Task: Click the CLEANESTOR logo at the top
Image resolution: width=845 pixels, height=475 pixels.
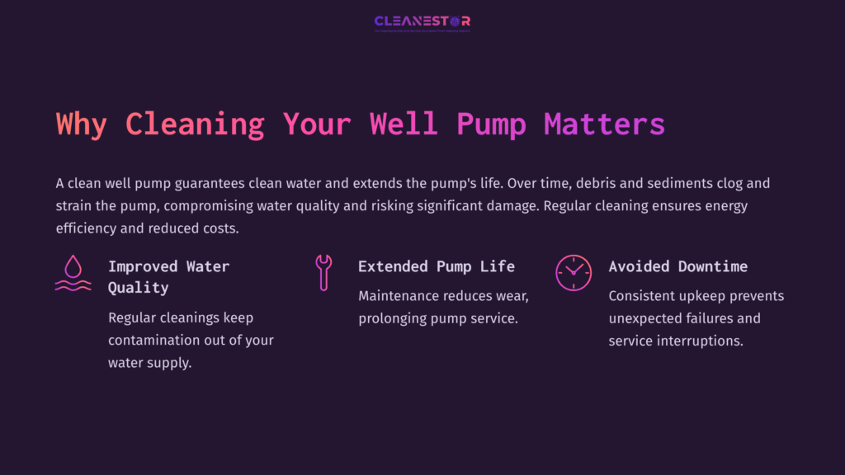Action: [422, 22]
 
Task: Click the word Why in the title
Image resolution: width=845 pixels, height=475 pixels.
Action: [82, 125]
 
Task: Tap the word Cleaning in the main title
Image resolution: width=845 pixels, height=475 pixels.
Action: [195, 125]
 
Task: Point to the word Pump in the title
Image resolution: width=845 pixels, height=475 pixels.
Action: [491, 125]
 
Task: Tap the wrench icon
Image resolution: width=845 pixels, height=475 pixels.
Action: [323, 272]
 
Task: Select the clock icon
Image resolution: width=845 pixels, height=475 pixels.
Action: [573, 272]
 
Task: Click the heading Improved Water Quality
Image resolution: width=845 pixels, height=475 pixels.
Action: [168, 277]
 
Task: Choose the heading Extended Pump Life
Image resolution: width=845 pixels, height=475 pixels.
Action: [437, 266]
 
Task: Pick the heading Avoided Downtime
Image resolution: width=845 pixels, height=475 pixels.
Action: [678, 266]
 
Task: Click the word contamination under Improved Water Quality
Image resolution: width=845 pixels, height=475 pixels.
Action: [152, 341]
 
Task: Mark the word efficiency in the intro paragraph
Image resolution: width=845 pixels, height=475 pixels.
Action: [86, 228]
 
